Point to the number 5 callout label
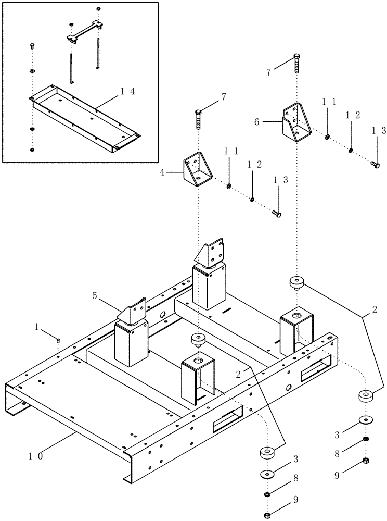[x=94, y=295]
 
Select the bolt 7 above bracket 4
[x=198, y=120]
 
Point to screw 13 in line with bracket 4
[x=277, y=214]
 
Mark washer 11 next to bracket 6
[x=327, y=137]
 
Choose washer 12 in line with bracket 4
[x=252, y=199]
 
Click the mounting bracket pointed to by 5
[x=134, y=312]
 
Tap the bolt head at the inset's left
[x=32, y=46]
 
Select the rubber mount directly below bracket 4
[x=198, y=340]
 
